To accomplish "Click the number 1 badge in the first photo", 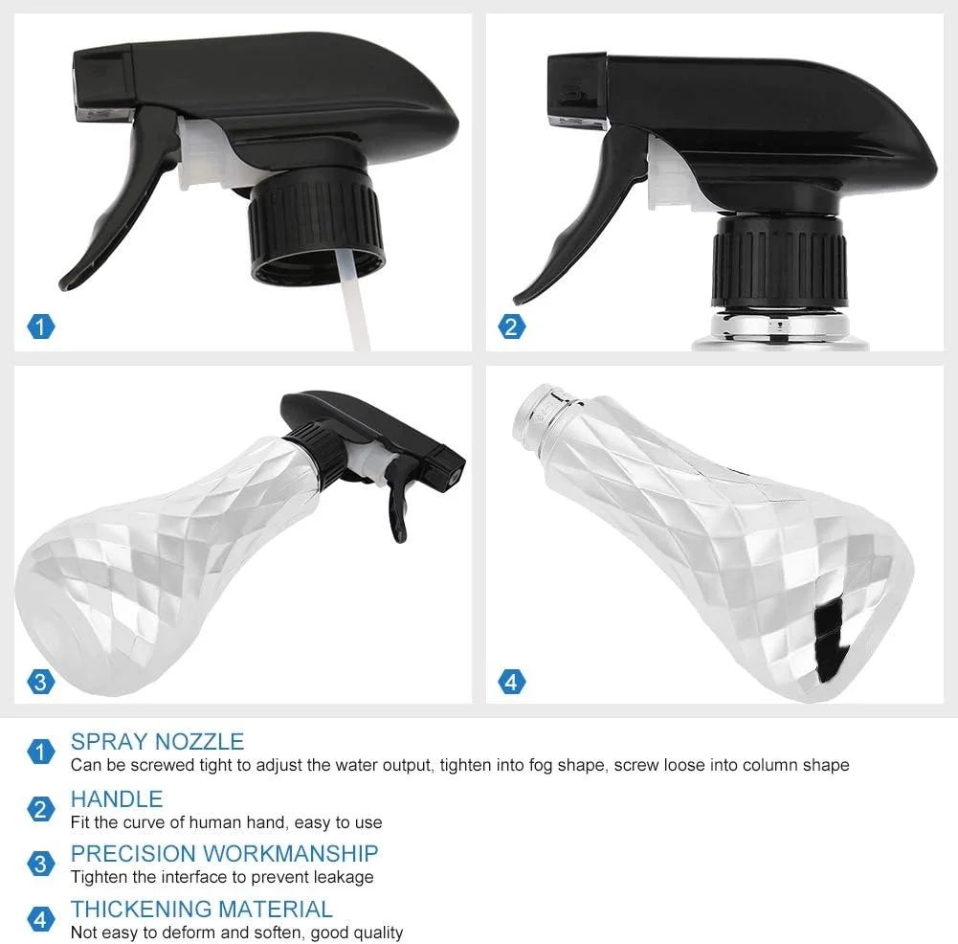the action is click(41, 326).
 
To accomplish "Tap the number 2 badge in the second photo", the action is click(511, 326).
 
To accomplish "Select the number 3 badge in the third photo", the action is click(41, 682).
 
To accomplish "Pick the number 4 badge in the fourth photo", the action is click(511, 682).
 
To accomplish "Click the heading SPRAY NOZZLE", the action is click(157, 741).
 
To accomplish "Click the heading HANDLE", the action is click(117, 798).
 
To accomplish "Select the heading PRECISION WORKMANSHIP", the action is click(224, 853).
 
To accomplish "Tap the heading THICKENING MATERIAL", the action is click(202, 909).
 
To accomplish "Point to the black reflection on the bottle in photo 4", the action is click(833, 639).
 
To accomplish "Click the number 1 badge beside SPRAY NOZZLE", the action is click(41, 752).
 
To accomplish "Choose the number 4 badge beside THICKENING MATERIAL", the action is click(41, 919).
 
